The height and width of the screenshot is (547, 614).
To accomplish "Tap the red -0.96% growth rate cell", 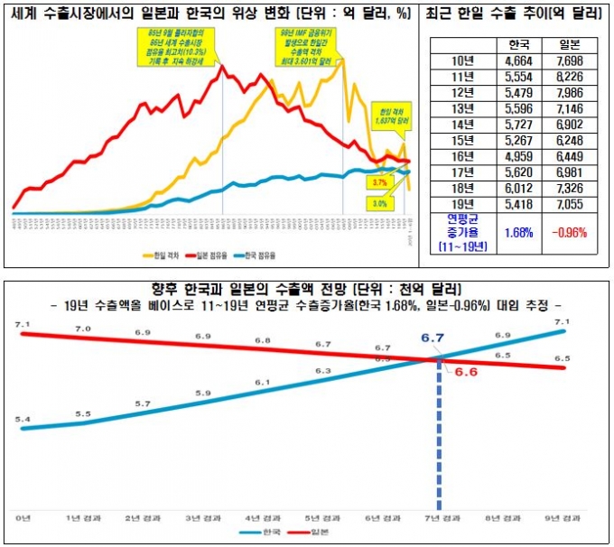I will (567, 232).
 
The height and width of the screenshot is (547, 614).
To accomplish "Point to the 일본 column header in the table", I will (567, 44).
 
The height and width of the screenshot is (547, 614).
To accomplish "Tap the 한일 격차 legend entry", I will (163, 256).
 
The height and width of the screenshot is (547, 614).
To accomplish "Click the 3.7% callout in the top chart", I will (379, 182).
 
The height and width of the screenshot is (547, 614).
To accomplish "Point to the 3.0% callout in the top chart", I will (379, 204).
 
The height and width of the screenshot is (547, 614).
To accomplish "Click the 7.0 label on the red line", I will (83, 329).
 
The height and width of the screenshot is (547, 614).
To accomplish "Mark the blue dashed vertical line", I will (441, 433).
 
